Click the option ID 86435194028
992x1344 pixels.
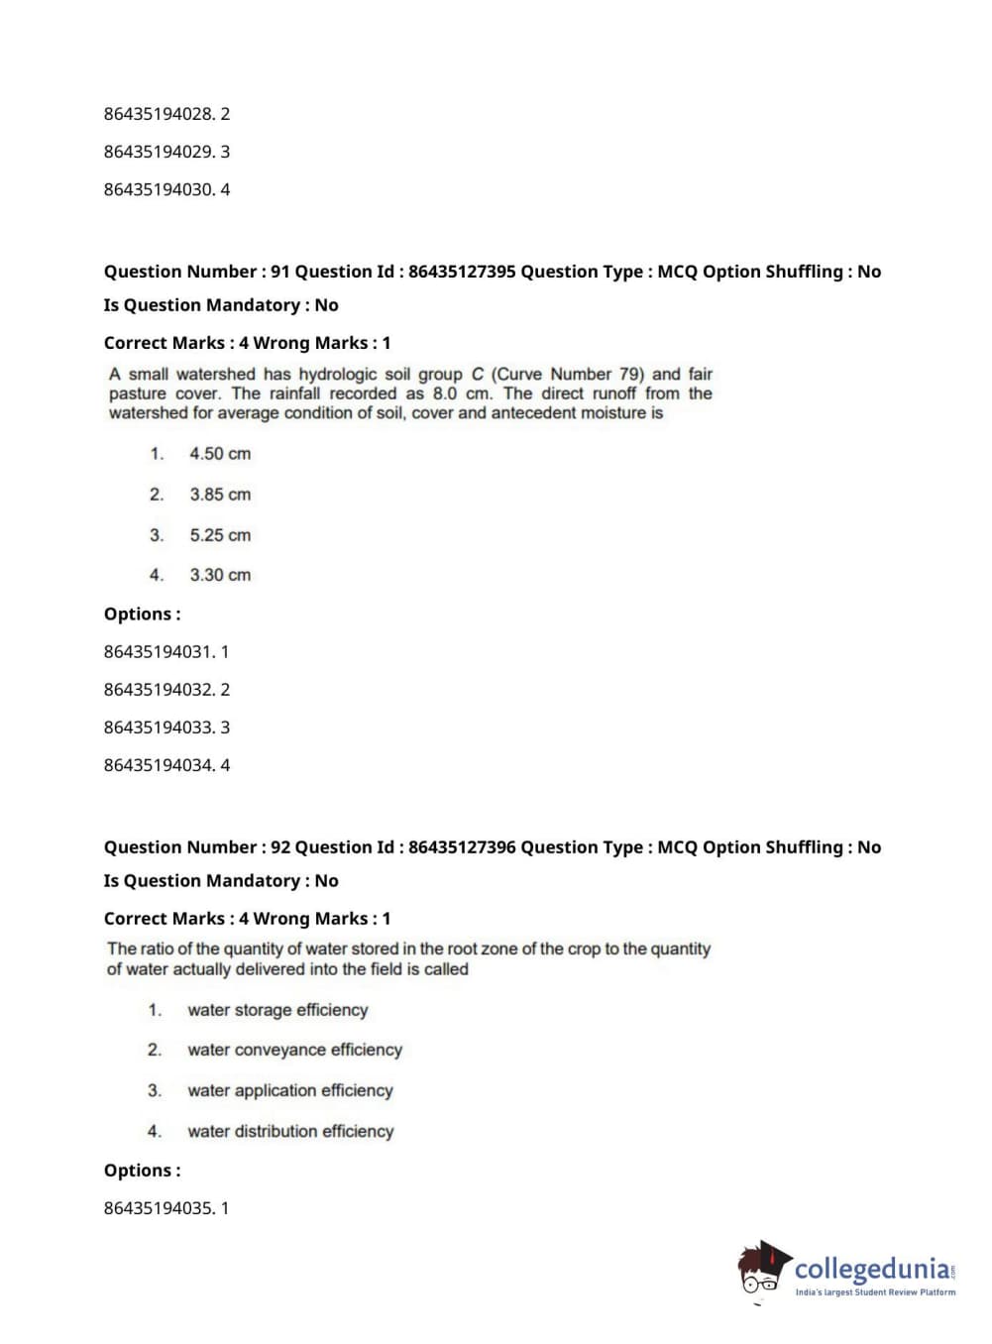(x=159, y=114)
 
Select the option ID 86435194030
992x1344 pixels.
(x=159, y=189)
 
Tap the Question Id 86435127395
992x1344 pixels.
(x=461, y=272)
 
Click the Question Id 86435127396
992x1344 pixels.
(x=461, y=847)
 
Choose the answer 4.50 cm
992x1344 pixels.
(x=220, y=454)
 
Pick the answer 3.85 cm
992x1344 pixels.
(x=220, y=495)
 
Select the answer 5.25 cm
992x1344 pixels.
(x=220, y=535)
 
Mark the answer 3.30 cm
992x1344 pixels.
(x=220, y=575)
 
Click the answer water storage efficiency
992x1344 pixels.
(x=277, y=1010)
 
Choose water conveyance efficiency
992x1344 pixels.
(x=294, y=1050)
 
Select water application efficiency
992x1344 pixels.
(x=290, y=1090)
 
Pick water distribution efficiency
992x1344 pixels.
(x=290, y=1131)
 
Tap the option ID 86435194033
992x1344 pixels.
(x=159, y=728)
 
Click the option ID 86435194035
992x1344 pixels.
(x=159, y=1208)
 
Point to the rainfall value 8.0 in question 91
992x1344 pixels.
(x=445, y=393)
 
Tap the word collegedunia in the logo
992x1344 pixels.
(x=872, y=1269)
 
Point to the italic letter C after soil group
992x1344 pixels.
(x=478, y=375)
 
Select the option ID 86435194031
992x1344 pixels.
(x=159, y=652)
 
